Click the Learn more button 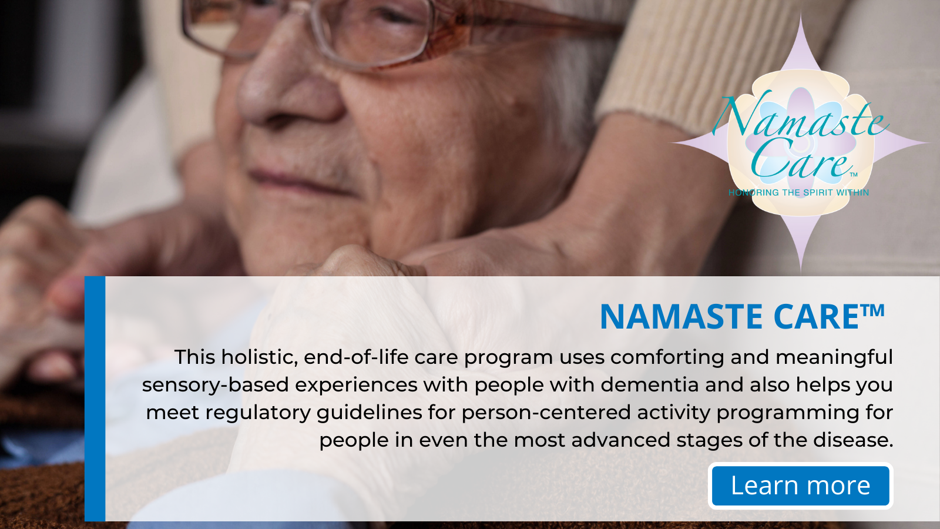pyautogui.click(x=800, y=486)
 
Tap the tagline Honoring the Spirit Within pyautogui.click(x=798, y=193)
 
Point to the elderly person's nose pyautogui.click(x=290, y=88)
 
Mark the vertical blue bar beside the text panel pyautogui.click(x=95, y=399)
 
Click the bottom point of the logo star pyautogui.click(x=801, y=271)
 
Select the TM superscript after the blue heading pyautogui.click(x=873, y=310)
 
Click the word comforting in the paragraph pyautogui.click(x=667, y=358)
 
